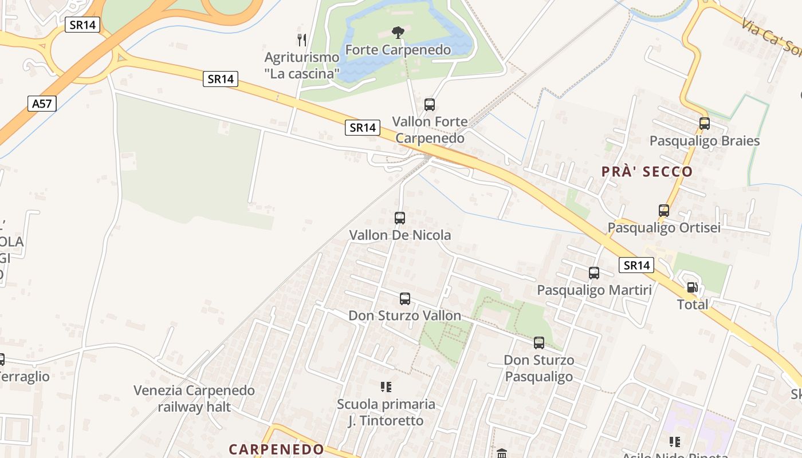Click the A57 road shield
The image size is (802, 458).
pos(42,104)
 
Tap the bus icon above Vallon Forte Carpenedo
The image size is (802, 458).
pos(429,105)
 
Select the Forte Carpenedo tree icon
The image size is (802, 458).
pos(398,33)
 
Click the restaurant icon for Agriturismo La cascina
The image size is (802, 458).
pos(302,40)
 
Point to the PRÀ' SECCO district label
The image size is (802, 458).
pos(647,171)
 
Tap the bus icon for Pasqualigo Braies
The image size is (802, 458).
pos(704,123)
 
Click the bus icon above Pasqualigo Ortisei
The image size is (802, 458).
pos(663,210)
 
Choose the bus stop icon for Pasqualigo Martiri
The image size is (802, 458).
pos(594,273)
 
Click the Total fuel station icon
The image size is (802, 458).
pos(692,287)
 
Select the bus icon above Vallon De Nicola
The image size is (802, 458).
pos(400,218)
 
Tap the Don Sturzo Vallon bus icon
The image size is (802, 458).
pos(404,298)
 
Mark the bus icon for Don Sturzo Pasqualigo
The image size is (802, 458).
pos(538,343)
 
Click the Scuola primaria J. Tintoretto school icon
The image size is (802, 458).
pos(386,387)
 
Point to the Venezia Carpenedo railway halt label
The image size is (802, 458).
pos(194,398)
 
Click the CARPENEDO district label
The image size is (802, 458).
pos(276,449)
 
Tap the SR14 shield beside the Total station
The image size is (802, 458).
pos(636,265)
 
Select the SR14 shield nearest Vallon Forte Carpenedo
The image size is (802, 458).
pos(362,128)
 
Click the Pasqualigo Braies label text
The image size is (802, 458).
pos(704,141)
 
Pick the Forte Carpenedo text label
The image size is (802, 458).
pos(398,50)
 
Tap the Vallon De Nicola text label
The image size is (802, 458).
pos(400,235)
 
